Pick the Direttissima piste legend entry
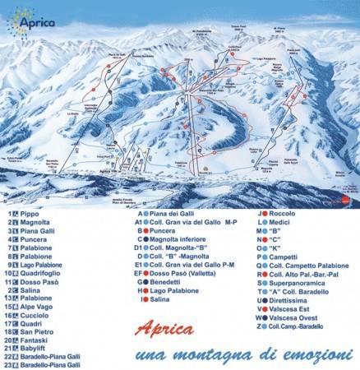click(291, 299)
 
